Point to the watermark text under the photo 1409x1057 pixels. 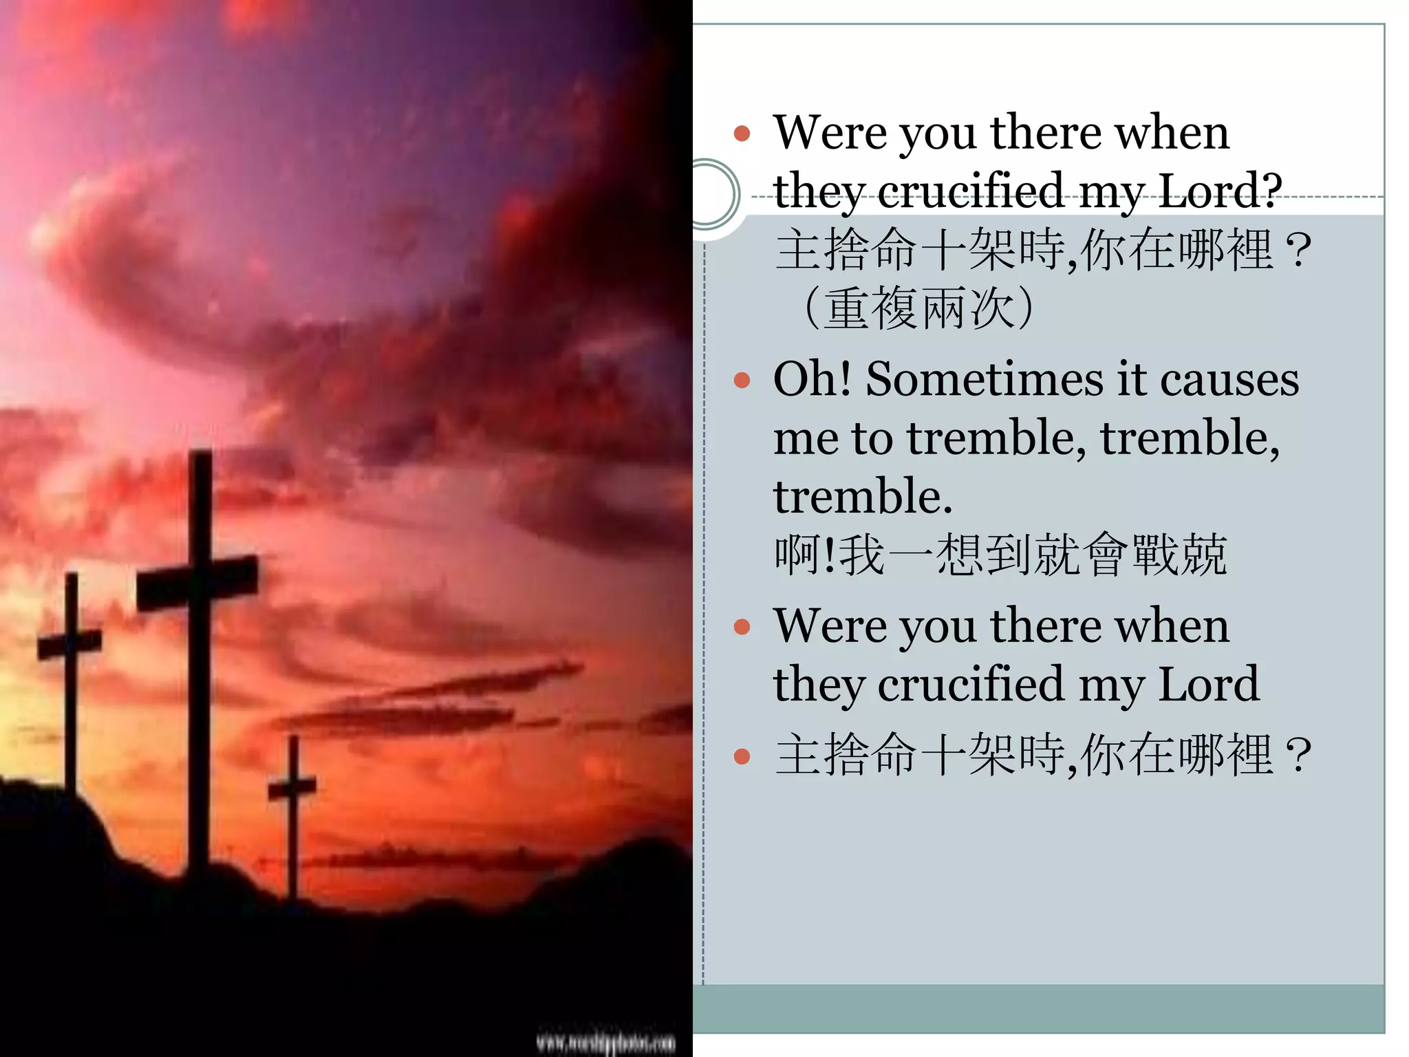(605, 1043)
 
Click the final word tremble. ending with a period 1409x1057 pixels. (863, 496)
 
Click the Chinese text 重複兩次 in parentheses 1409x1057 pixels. (918, 308)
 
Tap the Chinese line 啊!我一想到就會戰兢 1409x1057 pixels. (1000, 555)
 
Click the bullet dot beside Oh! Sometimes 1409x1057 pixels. (742, 381)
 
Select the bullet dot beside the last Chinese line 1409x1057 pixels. (742, 757)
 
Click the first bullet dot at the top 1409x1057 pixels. (742, 134)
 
